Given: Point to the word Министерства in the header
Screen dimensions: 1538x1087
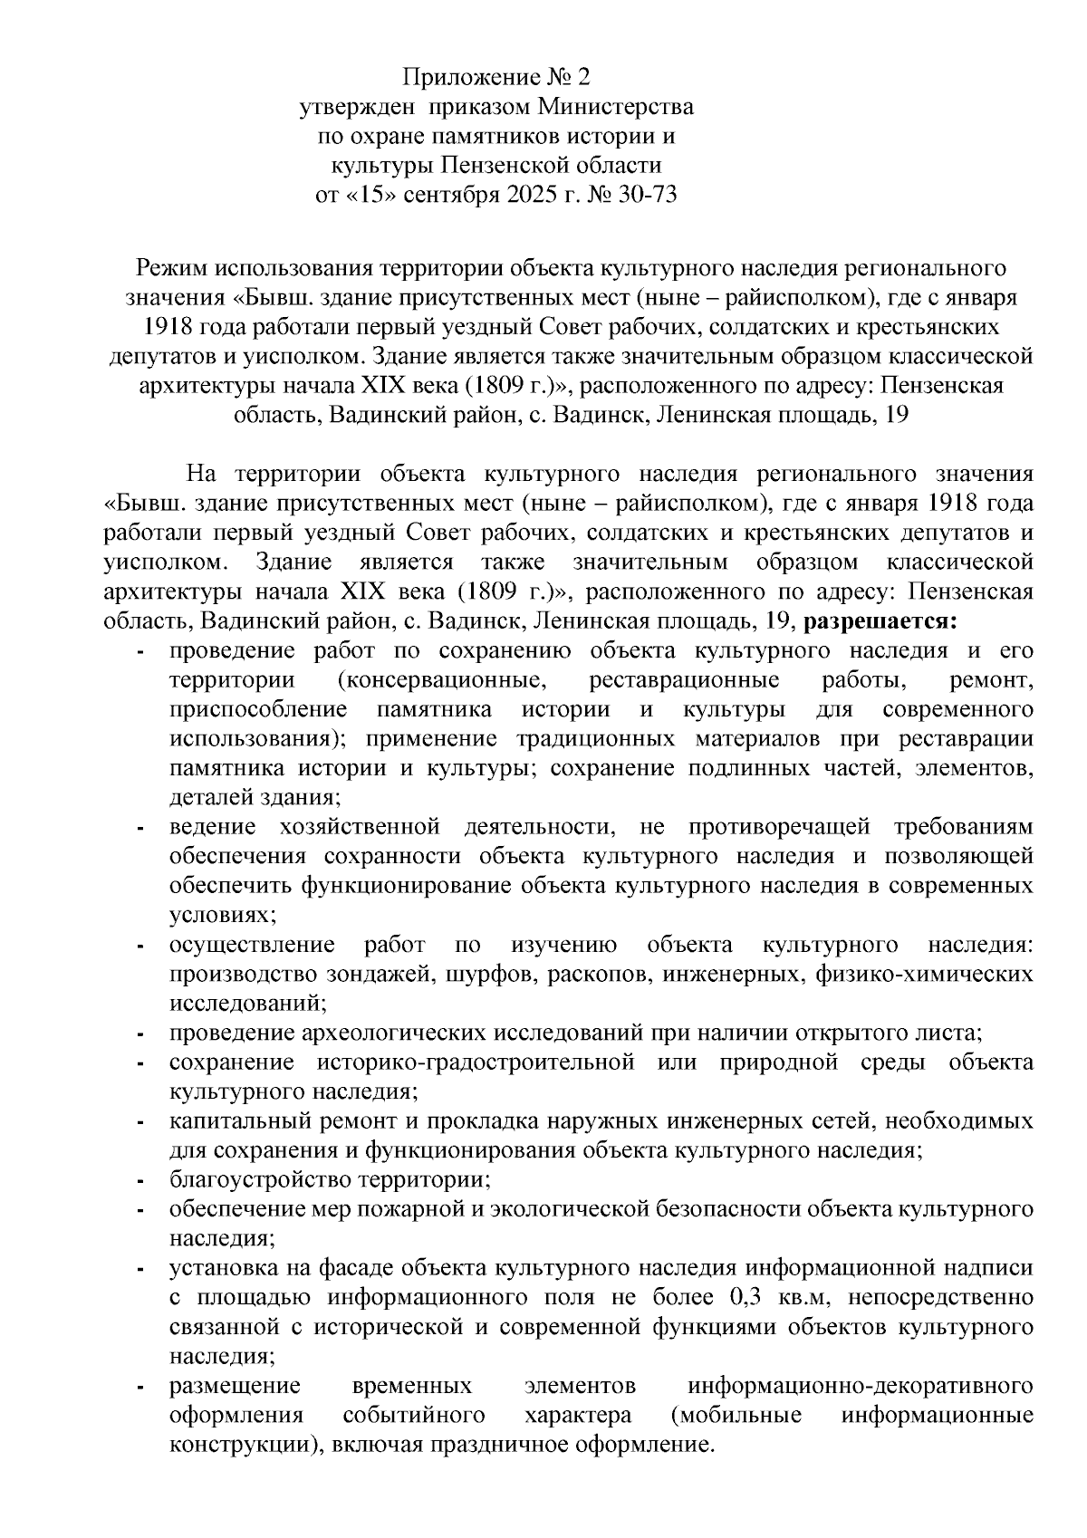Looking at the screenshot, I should tap(617, 107).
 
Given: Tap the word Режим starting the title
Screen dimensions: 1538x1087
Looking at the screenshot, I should tap(171, 268).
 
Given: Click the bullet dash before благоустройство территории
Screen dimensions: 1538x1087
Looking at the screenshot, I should tap(140, 1181).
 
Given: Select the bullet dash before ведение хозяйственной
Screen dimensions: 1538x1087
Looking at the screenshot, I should tap(140, 828).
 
